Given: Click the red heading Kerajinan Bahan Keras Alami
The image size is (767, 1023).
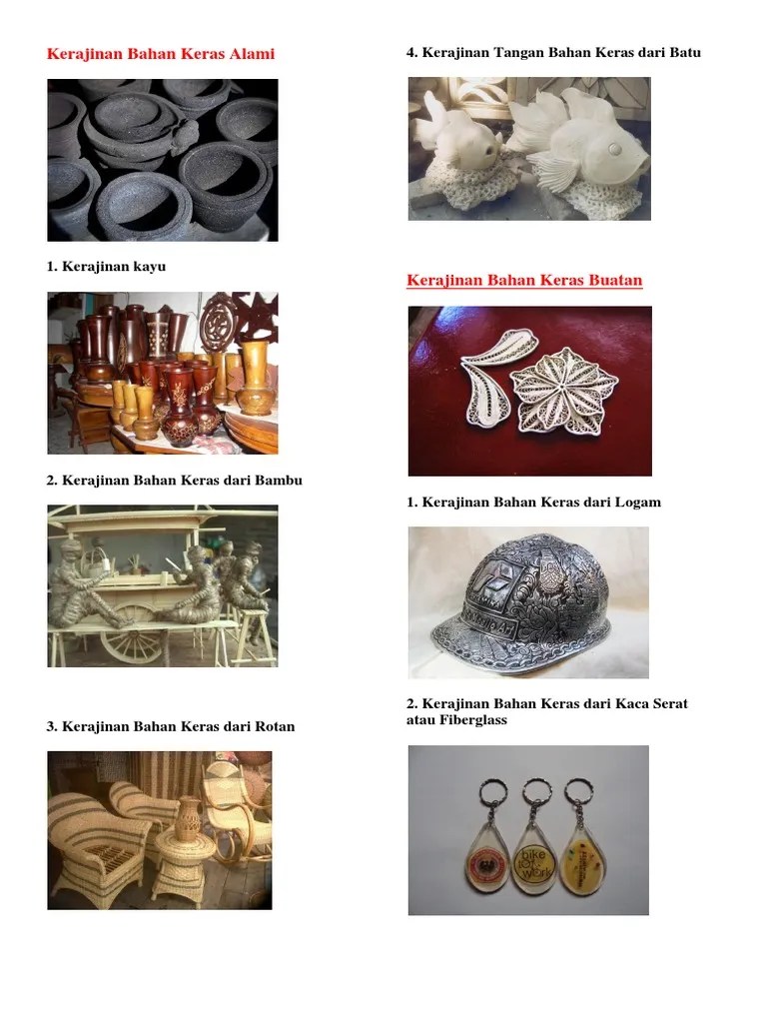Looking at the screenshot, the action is (161, 54).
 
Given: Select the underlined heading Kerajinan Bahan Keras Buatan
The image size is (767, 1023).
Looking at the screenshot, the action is (524, 280).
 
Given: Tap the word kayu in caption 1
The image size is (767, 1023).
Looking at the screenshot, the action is (150, 267).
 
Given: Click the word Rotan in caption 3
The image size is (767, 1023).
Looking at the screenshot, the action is (276, 726).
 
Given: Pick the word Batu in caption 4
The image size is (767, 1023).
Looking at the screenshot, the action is (685, 52).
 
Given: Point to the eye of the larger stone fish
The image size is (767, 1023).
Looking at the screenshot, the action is (614, 150).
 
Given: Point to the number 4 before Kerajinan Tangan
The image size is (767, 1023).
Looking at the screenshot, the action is (410, 52).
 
